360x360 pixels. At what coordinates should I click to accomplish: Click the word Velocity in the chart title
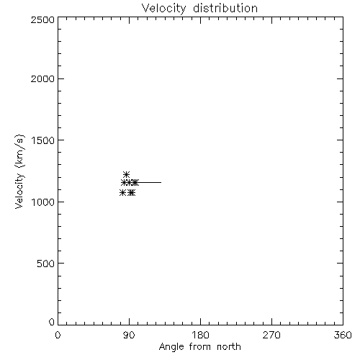coord(163,9)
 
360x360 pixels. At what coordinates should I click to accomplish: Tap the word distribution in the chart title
coord(225,8)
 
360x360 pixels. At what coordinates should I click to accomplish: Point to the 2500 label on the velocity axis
coord(42,19)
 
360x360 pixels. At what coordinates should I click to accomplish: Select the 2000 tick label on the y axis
coord(42,78)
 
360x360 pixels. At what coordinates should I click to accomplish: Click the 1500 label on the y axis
coord(43,140)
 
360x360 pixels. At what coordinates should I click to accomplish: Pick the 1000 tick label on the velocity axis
coord(43,202)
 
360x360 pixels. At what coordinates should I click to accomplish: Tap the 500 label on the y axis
coord(46,264)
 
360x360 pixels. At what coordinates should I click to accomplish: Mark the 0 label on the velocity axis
coord(52,322)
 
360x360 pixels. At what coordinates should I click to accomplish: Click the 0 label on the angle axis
coord(58,335)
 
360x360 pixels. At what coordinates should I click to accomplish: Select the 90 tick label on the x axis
coord(129,335)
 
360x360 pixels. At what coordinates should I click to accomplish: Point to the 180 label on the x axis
coord(200,335)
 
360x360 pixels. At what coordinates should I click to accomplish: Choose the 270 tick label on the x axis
coord(271,335)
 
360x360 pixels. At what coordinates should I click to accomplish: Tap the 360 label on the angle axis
coord(343,335)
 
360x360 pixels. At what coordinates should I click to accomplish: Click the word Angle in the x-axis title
coord(171,347)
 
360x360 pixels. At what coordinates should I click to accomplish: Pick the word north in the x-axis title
coord(229,346)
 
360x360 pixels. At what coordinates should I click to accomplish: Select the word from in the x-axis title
coord(200,346)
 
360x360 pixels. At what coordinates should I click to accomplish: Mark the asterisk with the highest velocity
coord(126,174)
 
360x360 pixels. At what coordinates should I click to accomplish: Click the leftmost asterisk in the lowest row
coord(122,192)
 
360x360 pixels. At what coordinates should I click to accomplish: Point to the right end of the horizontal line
coord(161,183)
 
